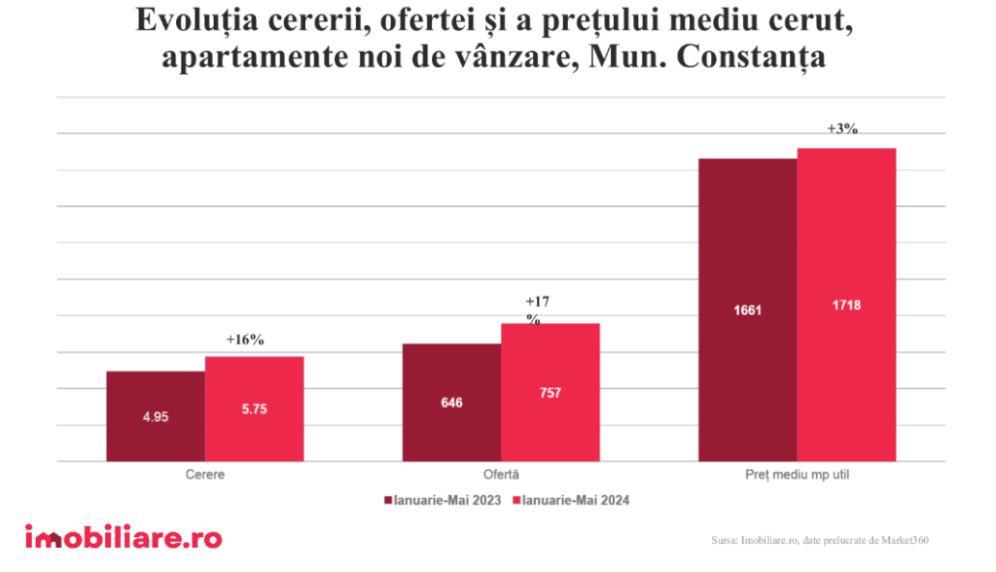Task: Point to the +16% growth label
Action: point(244,340)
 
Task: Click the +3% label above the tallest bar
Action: point(842,129)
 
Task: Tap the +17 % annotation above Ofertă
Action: point(536,309)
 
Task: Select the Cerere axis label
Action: point(205,475)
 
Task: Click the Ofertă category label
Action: point(501,475)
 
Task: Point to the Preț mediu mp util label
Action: point(797,475)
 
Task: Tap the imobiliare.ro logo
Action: point(124,538)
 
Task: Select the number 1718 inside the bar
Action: point(846,304)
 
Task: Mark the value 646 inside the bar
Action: point(451,402)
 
